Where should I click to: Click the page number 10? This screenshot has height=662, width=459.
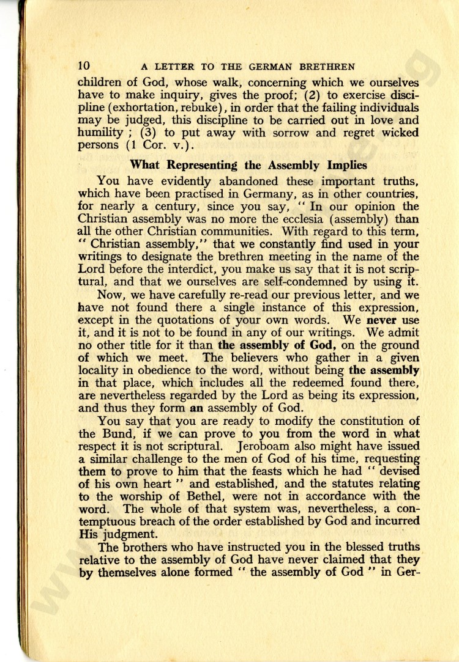click(84, 65)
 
